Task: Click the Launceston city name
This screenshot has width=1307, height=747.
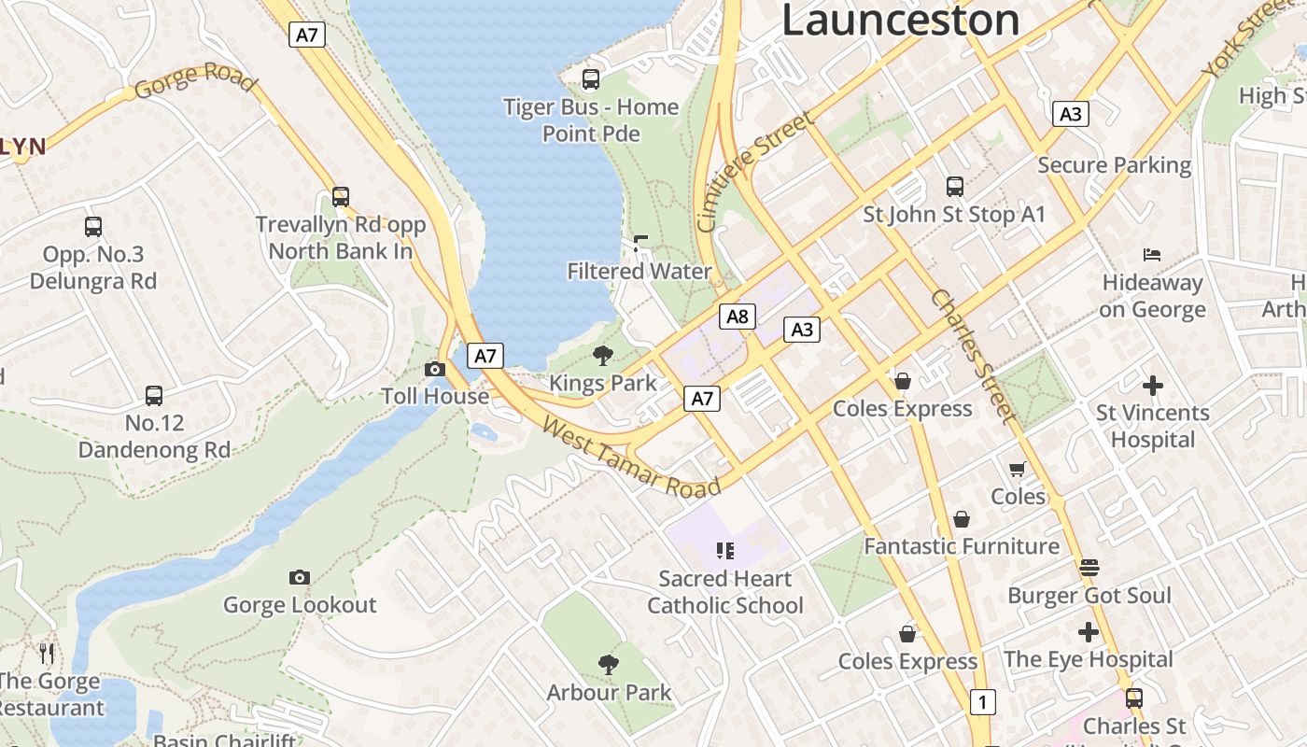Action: (900, 21)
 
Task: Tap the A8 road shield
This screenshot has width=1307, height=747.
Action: (738, 317)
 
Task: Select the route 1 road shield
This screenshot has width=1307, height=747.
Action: (981, 701)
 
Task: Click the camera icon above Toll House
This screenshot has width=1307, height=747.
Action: (435, 369)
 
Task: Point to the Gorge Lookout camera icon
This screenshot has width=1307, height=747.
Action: (300, 577)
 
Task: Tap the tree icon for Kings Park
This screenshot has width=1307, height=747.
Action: (603, 355)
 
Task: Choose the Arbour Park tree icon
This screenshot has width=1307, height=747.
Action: (609, 665)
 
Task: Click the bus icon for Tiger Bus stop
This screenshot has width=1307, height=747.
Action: (591, 79)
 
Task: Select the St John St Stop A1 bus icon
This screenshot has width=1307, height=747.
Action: (954, 187)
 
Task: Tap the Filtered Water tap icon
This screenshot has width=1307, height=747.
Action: (640, 245)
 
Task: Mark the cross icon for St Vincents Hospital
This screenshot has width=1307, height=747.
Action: (1153, 385)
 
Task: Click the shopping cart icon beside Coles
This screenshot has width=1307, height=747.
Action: (1017, 469)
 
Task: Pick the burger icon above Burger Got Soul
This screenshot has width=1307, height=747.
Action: (1089, 568)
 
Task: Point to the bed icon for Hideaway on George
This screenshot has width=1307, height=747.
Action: (1152, 255)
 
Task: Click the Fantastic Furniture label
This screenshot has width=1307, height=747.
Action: (962, 546)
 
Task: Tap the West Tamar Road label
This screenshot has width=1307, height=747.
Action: (631, 458)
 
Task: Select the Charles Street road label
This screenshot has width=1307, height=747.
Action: (971, 355)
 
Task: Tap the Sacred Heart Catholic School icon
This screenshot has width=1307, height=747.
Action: (725, 551)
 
